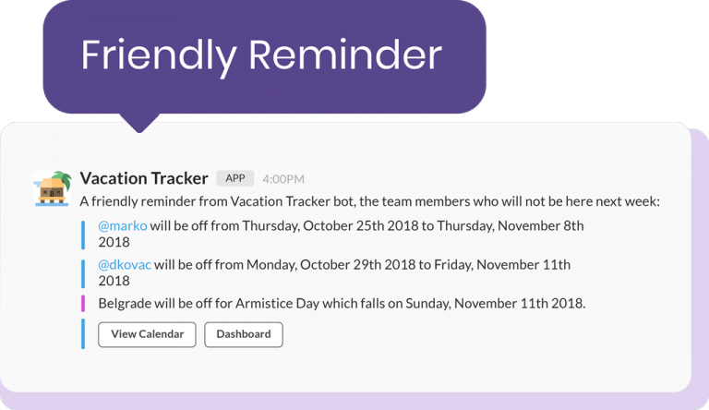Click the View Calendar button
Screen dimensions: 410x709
pos(147,334)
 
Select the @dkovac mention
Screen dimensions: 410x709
pos(125,265)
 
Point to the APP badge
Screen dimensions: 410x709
pos(234,178)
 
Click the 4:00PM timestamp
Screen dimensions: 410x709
pos(283,179)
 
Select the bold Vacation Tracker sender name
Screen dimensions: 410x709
pos(144,178)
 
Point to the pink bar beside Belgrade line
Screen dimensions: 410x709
pos(83,303)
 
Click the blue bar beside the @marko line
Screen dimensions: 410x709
pos(83,234)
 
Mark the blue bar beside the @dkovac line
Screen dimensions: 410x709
pos(83,272)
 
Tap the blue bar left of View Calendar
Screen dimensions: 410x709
pos(83,333)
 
